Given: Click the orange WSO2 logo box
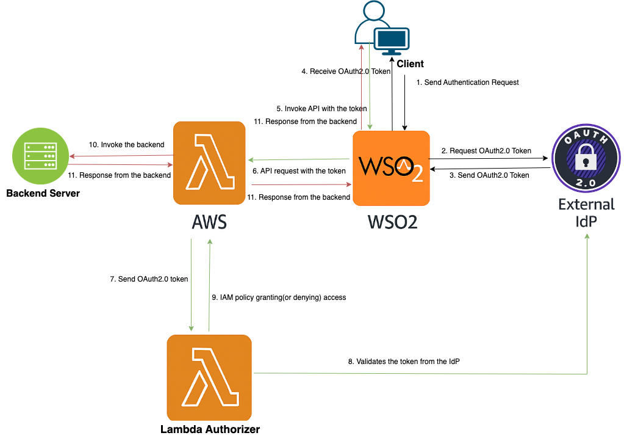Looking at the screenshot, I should click(391, 169).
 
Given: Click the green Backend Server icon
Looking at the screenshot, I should click(38, 155).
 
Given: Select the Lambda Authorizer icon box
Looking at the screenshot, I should click(209, 377).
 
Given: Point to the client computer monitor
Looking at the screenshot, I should click(392, 40).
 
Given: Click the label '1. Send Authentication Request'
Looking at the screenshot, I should click(467, 82).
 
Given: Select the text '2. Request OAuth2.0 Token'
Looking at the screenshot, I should click(486, 151).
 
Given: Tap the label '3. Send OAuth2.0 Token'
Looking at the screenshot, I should click(489, 175).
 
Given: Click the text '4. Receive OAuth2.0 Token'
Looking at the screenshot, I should click(346, 71).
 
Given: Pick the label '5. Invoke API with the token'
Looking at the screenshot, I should click(321, 109).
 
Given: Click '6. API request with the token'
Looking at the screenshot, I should click(299, 172).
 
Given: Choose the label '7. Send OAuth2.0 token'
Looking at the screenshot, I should click(149, 279).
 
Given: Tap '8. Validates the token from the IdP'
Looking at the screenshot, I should click(404, 362).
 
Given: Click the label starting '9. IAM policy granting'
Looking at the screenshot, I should click(279, 297).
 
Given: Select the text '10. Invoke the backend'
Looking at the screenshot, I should click(126, 145).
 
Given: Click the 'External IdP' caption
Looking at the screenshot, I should click(586, 213).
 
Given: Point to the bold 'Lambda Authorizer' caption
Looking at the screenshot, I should click(210, 429).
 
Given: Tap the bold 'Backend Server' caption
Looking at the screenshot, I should click(43, 194).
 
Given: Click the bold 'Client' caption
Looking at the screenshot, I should click(410, 64).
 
